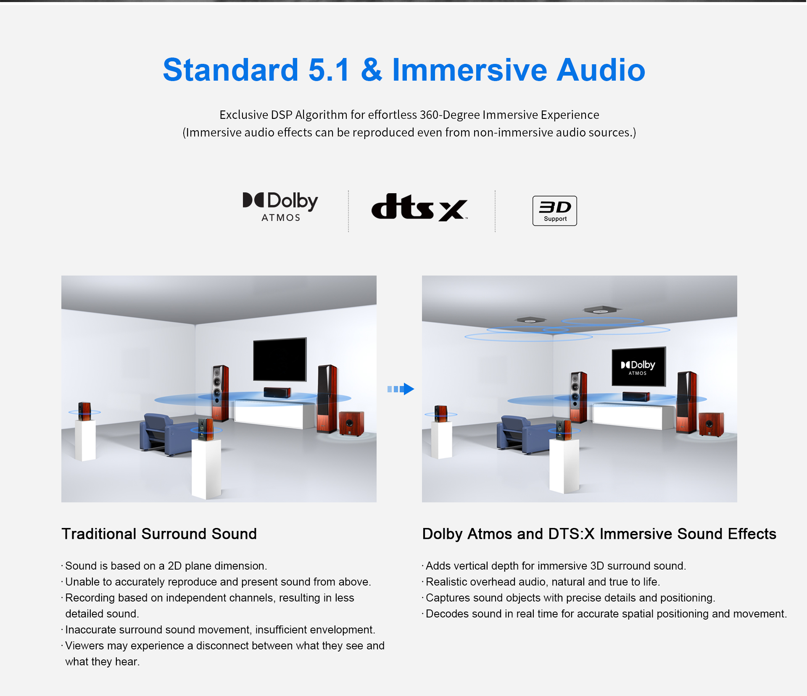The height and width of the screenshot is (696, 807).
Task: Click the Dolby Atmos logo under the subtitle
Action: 280,207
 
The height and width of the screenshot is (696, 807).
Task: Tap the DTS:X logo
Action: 419,207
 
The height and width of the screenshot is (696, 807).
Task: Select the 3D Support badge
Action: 554,211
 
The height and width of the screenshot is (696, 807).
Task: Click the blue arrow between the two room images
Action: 401,389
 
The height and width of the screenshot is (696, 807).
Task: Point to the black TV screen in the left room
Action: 280,359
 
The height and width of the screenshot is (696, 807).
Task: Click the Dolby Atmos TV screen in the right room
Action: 638,367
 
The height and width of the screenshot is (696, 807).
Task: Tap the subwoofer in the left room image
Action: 351,424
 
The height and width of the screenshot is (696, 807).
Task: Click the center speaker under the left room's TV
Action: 277,392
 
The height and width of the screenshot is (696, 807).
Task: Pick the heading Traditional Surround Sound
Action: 159,534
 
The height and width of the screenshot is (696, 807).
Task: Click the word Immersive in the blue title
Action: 469,70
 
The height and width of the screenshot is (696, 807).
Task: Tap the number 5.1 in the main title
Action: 329,70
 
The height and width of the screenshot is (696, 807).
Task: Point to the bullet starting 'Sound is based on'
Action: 164,566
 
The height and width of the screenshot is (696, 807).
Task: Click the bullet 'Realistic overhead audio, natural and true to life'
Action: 541,582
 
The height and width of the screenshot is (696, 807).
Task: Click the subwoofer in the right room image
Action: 711,424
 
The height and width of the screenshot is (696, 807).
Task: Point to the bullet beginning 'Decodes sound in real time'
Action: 604,614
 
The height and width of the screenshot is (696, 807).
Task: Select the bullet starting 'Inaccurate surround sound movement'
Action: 218,630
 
